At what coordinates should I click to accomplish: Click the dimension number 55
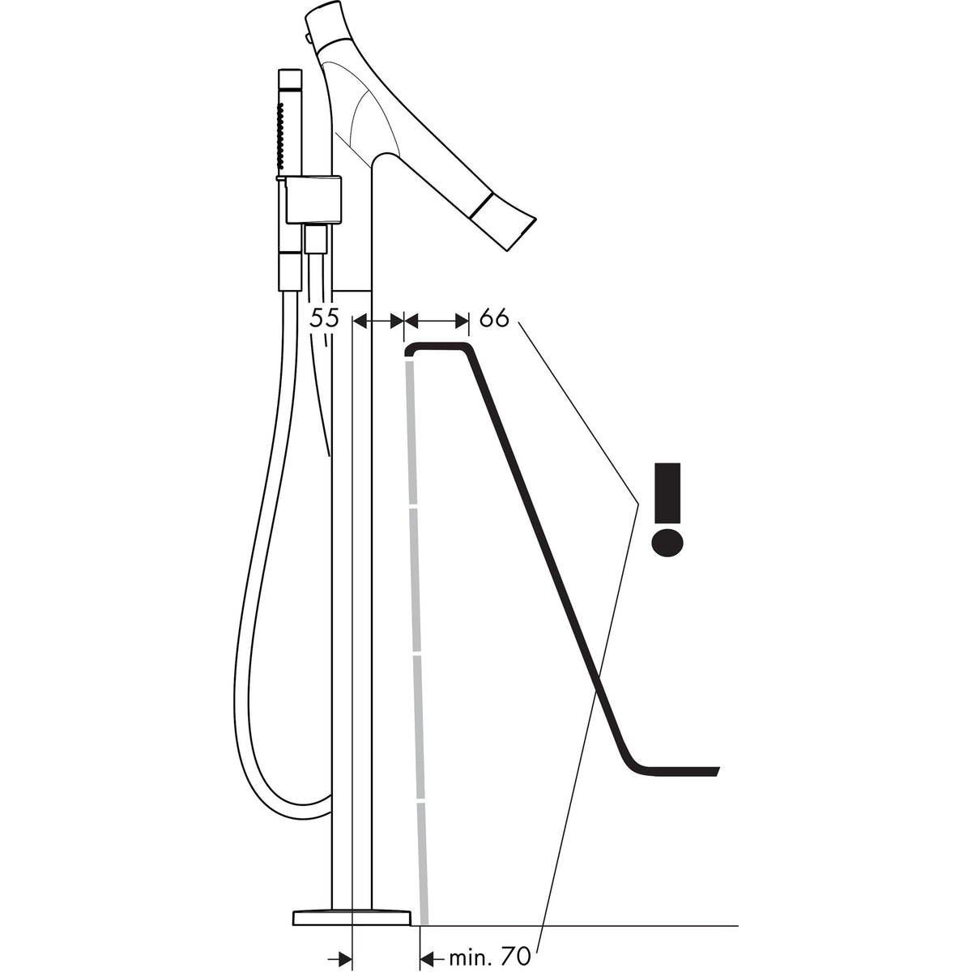[x=324, y=318]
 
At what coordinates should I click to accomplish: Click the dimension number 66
[x=494, y=318]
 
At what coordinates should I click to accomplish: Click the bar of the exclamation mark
[x=667, y=492]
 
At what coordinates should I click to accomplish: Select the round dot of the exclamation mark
[x=667, y=543]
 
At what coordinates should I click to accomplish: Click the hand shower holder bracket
[x=313, y=198]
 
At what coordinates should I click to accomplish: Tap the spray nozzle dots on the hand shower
[x=281, y=136]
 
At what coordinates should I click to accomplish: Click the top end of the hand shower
[x=289, y=72]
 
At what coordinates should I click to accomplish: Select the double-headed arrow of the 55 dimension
[x=378, y=320]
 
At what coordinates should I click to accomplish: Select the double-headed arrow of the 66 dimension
[x=437, y=320]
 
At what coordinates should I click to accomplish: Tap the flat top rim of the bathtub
[x=439, y=347]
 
